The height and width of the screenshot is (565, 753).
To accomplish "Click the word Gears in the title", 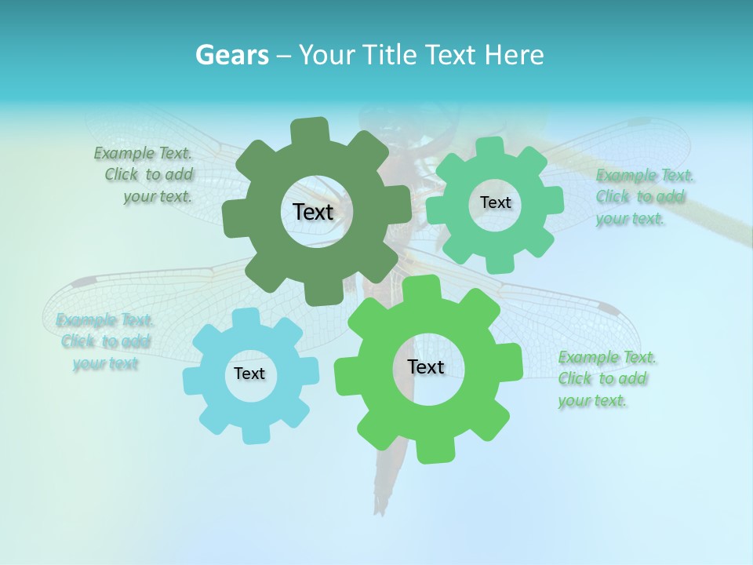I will pyautogui.click(x=231, y=55).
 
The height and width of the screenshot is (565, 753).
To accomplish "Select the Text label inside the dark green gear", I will pyautogui.click(x=313, y=212).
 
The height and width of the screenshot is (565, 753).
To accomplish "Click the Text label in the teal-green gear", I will pyautogui.click(x=495, y=202).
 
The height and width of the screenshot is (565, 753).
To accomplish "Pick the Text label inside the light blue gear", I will pyautogui.click(x=249, y=374).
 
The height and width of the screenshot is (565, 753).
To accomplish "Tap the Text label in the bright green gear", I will pyautogui.click(x=426, y=366).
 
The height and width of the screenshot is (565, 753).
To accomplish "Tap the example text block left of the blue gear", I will pyautogui.click(x=104, y=341).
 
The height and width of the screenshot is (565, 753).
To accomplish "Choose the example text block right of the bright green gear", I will pyautogui.click(x=606, y=379).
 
